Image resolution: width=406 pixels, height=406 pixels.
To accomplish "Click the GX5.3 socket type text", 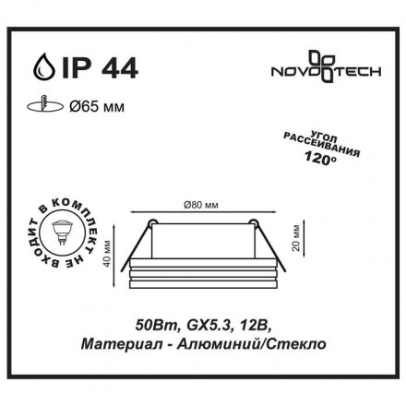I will point(198,325).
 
